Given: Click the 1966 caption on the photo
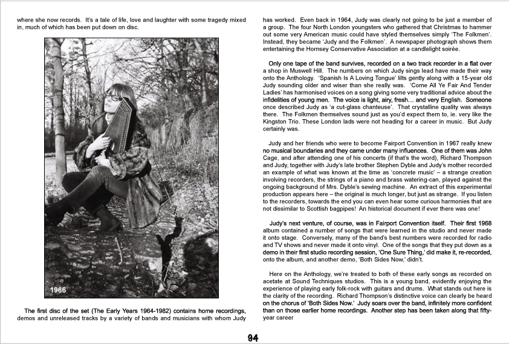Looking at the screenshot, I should point(59,290).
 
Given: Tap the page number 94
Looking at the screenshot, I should point(254,338).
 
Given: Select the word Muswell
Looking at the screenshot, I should point(308,71).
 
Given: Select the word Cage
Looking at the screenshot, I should point(273,158).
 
